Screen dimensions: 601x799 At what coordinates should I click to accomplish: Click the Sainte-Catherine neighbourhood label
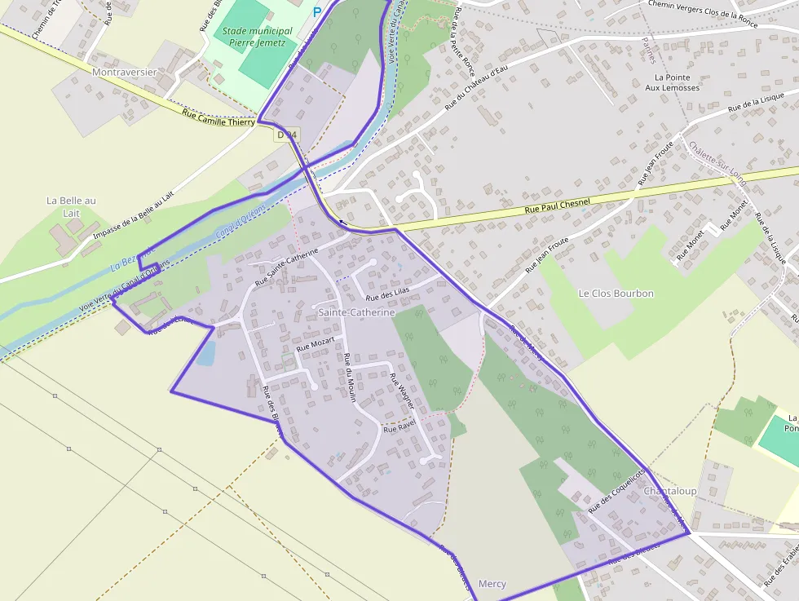point(356,312)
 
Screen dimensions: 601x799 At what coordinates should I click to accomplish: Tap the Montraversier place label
point(125,72)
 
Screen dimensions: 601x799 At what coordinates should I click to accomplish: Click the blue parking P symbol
point(317,12)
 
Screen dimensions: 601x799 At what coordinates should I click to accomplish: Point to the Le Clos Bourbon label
point(616,293)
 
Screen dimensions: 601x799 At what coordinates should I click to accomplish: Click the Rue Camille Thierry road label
point(218,117)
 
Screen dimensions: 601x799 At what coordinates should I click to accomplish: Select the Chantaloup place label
point(670,491)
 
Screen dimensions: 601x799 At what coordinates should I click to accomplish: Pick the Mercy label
point(492,584)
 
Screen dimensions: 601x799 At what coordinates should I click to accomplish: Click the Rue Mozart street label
point(315,343)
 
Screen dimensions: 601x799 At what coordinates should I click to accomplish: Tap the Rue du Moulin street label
point(350,378)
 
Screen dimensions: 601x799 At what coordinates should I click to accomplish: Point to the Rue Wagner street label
point(402,391)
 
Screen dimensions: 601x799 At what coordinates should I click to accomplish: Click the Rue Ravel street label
point(399,426)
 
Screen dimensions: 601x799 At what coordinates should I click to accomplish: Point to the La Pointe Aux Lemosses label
point(673,82)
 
